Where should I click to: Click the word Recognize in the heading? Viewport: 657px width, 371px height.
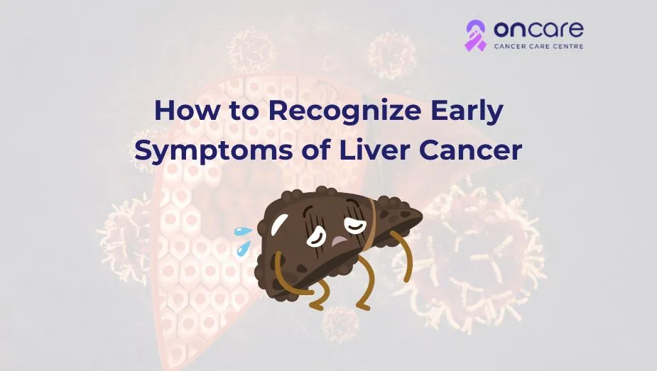coord(345,111)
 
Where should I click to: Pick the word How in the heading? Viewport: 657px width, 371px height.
coord(187,110)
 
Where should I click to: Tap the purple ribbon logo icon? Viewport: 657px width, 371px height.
coord(476,35)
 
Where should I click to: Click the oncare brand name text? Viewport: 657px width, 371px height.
coord(538,30)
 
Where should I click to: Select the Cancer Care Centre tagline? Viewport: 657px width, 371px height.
coord(538,46)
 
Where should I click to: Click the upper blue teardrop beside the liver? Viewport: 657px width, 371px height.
coord(243,231)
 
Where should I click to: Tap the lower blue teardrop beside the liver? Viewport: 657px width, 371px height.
coord(243,248)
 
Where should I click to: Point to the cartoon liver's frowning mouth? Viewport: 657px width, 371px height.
coord(339,241)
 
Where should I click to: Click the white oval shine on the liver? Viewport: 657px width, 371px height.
coord(279,224)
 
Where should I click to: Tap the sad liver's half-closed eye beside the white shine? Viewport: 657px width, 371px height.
coord(316,236)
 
